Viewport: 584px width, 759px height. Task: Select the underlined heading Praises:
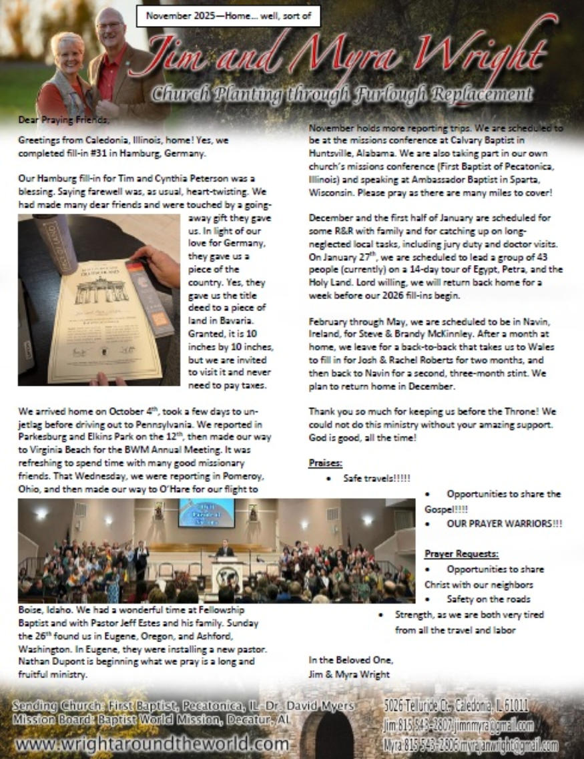pyautogui.click(x=326, y=463)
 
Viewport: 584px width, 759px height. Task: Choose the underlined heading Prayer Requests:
pyautogui.click(x=461, y=554)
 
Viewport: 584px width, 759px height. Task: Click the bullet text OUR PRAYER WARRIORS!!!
pyautogui.click(x=504, y=524)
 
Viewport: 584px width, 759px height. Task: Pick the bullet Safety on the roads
pyautogui.click(x=489, y=599)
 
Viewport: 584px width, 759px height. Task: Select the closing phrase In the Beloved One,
pyautogui.click(x=350, y=660)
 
